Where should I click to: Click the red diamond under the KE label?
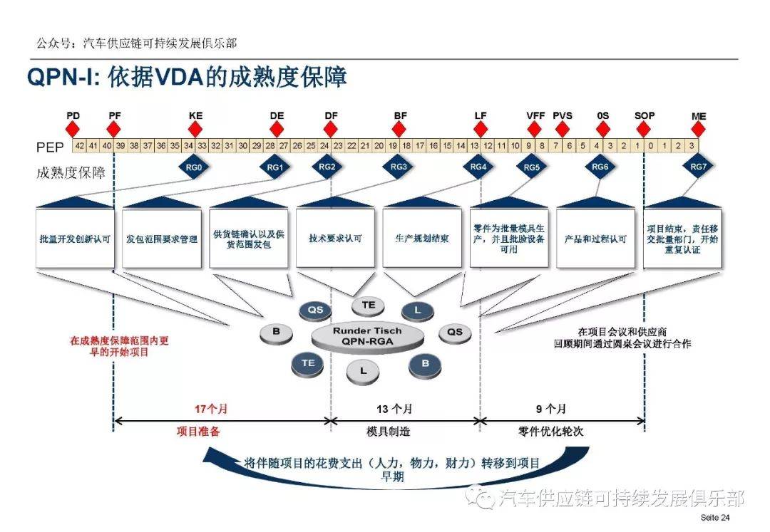pos(195,129)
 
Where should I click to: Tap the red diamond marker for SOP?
pos(644,129)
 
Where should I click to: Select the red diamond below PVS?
pos(563,129)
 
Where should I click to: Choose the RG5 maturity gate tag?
pos(532,168)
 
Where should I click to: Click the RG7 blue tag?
pos(699,168)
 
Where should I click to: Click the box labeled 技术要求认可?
pos(334,239)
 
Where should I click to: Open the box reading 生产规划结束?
pos(422,239)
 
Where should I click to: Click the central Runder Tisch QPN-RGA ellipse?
pos(367,335)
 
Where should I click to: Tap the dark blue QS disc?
pos(314,310)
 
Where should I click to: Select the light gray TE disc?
pos(369,305)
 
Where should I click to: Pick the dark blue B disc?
pos(426,363)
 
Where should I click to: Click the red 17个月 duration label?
pos(212,410)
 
